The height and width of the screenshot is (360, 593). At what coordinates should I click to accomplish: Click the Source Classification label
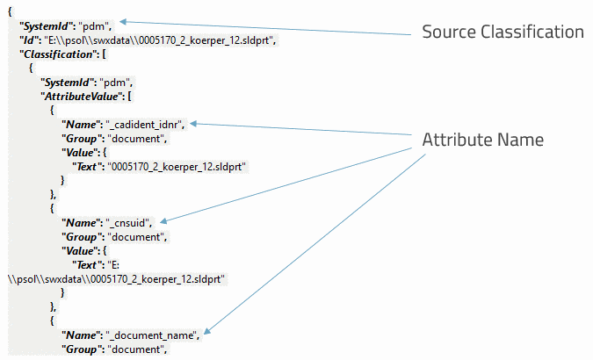[503, 32]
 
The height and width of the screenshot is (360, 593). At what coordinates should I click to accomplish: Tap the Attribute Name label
[482, 140]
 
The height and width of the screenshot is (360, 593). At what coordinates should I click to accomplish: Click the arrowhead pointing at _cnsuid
[164, 220]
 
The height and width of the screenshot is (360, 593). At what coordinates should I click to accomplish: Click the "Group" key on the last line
[83, 349]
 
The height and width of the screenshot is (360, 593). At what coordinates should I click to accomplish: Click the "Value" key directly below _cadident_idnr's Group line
[82, 153]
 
